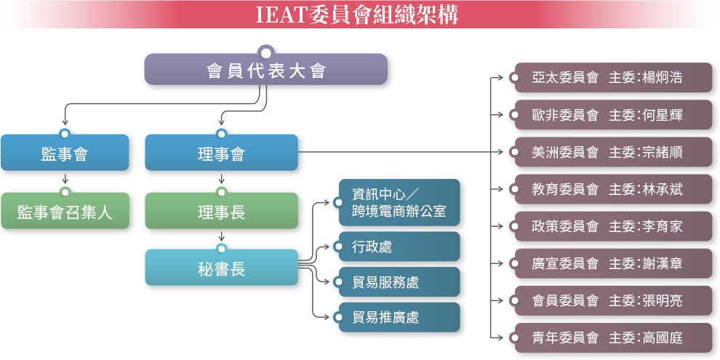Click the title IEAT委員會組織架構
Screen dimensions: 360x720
click(358, 15)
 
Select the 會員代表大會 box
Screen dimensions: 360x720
click(265, 71)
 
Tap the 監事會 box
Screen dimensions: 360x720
click(65, 153)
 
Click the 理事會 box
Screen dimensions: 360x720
click(221, 153)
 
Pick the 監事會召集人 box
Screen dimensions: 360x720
click(65, 212)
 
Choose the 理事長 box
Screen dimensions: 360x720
click(221, 212)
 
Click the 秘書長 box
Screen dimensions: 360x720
click(221, 268)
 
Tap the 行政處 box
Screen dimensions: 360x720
click(399, 247)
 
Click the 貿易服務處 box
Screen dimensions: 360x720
click(399, 282)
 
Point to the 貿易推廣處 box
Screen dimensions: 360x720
click(399, 317)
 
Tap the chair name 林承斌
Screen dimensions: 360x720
click(663, 189)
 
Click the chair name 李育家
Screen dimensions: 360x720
click(663, 226)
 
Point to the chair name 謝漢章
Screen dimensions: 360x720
click(663, 263)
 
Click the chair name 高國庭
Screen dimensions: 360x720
click(663, 337)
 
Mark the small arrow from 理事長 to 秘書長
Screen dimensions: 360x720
click(221, 237)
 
